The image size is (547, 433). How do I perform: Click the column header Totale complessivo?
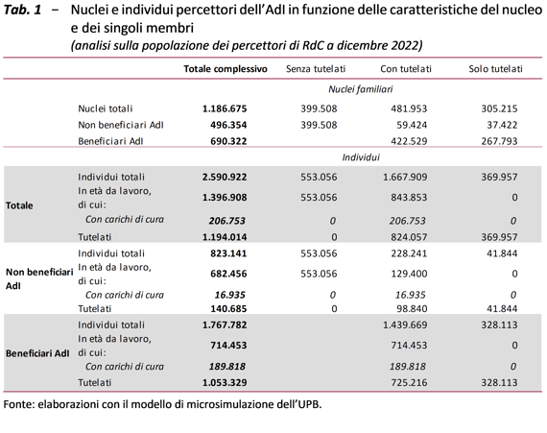226,69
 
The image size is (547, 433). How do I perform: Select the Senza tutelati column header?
316,69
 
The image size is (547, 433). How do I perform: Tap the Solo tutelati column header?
495,69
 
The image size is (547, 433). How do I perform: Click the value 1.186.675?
225,108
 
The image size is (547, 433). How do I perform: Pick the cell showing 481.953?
409,108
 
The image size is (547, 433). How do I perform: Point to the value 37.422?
502,125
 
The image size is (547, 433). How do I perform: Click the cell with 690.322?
228,141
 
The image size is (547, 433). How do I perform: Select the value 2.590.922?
225,177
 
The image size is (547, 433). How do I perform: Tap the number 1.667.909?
405,177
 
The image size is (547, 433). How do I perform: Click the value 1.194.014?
225,237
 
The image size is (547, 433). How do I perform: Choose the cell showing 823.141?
228,253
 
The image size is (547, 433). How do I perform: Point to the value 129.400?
409,274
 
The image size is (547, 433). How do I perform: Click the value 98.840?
412,308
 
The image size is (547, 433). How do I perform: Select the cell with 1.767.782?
225,325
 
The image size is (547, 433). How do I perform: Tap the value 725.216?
409,382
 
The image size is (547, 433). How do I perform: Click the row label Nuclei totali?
106,108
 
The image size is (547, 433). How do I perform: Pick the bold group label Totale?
19,205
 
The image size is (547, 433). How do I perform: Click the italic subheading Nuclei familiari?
361,89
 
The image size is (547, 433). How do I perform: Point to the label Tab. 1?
22,10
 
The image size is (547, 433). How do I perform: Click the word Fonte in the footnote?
17,404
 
